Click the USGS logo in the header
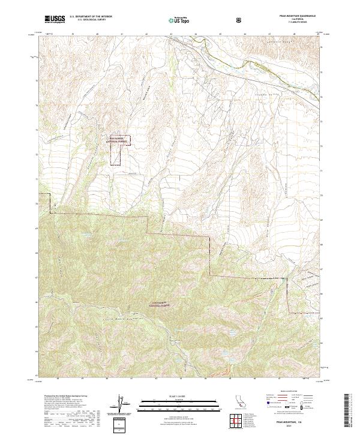click(55, 20)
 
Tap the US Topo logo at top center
click(179, 20)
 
